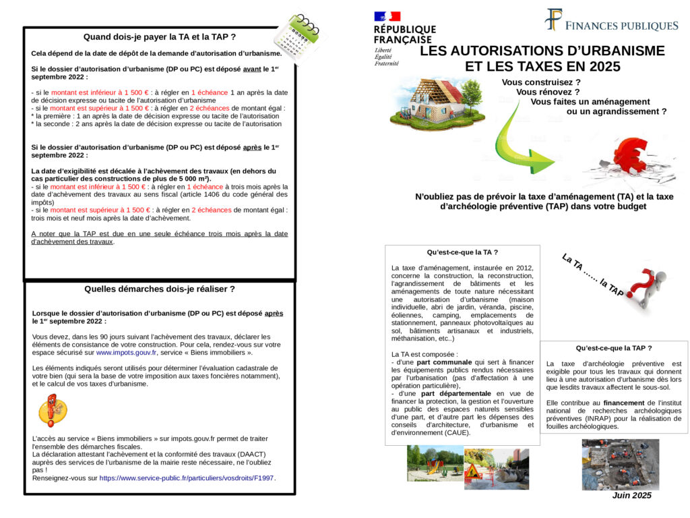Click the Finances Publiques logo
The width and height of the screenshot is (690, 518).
(x=611, y=22)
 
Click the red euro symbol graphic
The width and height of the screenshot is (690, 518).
(x=629, y=159)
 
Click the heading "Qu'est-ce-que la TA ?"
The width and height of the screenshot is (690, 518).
(x=462, y=252)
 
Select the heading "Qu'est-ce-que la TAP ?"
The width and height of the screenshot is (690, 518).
(x=613, y=348)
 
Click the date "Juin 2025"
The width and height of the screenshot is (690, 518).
(x=631, y=496)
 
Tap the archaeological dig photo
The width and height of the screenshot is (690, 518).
(x=621, y=464)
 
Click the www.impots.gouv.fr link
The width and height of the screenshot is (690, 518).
(x=126, y=352)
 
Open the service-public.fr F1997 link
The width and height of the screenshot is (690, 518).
(x=187, y=478)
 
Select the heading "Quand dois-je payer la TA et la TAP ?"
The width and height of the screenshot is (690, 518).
(x=159, y=36)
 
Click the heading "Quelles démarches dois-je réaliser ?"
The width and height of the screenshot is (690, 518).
(x=159, y=289)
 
